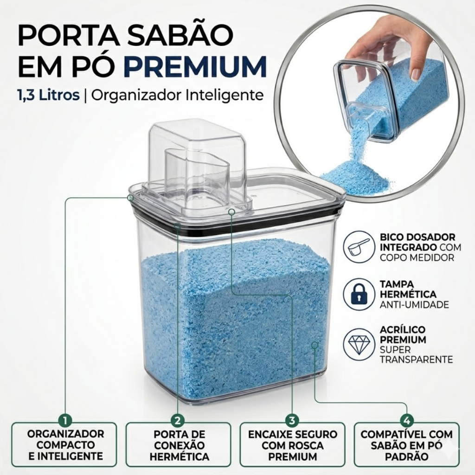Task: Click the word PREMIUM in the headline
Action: pyautogui.click(x=195, y=66)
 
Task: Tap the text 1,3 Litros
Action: pyautogui.click(x=48, y=95)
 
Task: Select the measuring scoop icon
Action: pyautogui.click(x=359, y=247)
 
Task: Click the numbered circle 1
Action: pyautogui.click(x=65, y=420)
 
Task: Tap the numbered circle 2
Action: pyautogui.click(x=178, y=420)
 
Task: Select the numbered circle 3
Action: pyautogui.click(x=292, y=420)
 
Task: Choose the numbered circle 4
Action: pyautogui.click(x=406, y=420)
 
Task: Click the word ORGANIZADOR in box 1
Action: pyautogui.click(x=65, y=434)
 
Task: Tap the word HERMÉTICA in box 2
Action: pyautogui.click(x=180, y=456)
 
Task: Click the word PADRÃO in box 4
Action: pyautogui.click(x=406, y=456)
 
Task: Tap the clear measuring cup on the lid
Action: pyautogui.click(x=197, y=170)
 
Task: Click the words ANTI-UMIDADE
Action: pyautogui.click(x=414, y=304)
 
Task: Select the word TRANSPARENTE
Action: pyautogui.click(x=416, y=359)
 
